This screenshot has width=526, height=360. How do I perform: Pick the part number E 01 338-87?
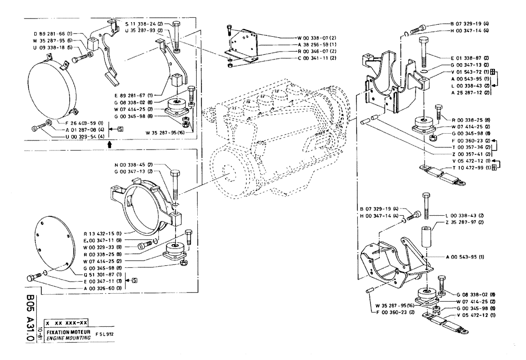point(470,57)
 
